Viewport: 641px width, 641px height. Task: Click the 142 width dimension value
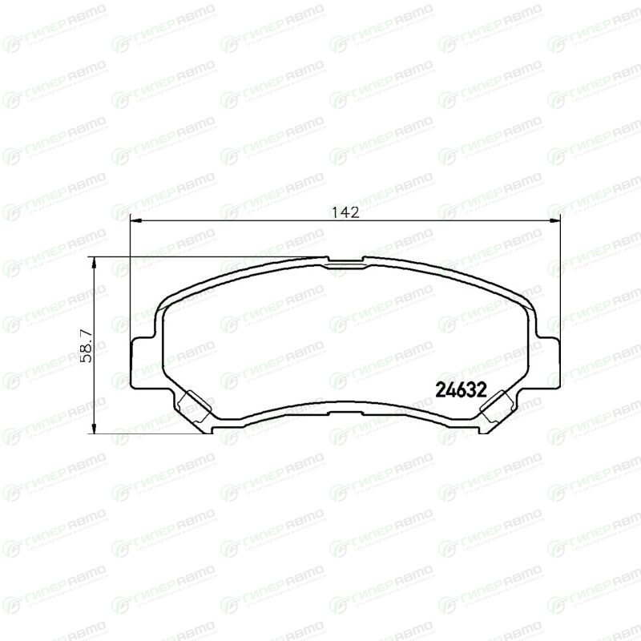345,212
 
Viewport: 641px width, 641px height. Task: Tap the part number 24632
462,390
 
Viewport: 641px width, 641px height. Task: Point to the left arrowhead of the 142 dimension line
135,221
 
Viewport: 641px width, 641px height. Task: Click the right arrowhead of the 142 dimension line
554,221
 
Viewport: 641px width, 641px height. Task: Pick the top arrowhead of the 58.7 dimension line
94,263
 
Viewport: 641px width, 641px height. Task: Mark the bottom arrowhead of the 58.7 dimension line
94,428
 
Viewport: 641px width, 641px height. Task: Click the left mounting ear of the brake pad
144,362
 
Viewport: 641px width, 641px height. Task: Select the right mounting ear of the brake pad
547,362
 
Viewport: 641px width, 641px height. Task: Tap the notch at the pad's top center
345,262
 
